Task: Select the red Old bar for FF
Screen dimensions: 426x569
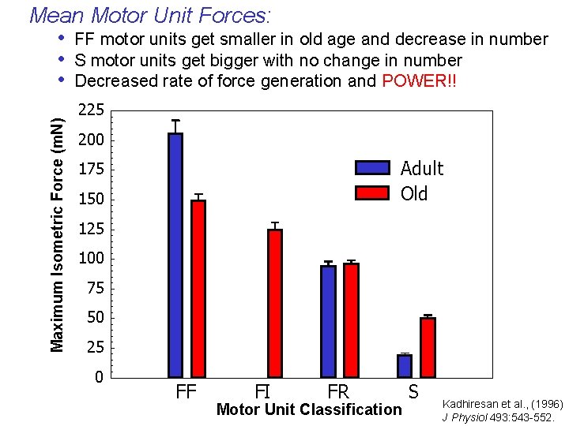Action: [198, 288]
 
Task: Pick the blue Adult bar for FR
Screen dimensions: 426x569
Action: [328, 320]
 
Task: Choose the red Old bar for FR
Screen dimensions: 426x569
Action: [351, 319]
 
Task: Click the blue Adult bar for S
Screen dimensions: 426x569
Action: [405, 365]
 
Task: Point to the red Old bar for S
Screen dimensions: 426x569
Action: [428, 347]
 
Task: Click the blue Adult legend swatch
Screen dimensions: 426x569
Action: [372, 167]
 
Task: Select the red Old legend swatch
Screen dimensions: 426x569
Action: [372, 193]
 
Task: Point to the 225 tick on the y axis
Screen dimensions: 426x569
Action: [92, 110]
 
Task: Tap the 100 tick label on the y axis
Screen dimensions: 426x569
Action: [92, 259]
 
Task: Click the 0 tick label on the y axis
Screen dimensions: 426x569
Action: [99, 378]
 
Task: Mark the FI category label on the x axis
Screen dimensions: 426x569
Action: [263, 391]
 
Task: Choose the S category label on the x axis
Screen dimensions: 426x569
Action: [413, 391]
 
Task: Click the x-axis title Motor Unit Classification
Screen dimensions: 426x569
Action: [309, 409]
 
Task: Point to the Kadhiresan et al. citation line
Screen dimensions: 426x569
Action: [502, 404]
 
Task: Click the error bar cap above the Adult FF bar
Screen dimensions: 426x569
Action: [175, 121]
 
